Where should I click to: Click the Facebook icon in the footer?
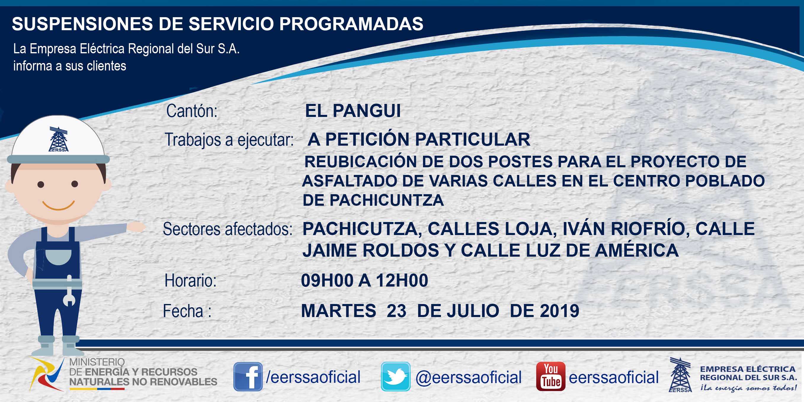pyautogui.click(x=248, y=377)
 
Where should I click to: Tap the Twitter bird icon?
pyautogui.click(x=395, y=377)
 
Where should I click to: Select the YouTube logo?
pyautogui.click(x=550, y=377)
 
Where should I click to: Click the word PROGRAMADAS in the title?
pyautogui.click(x=351, y=24)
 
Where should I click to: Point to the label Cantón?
pyautogui.click(x=192, y=111)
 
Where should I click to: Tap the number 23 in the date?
pyautogui.click(x=396, y=311)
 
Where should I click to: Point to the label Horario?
pyautogui.click(x=190, y=280)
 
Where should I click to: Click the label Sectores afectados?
pyautogui.click(x=228, y=229)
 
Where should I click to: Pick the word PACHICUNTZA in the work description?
pyautogui.click(x=386, y=200)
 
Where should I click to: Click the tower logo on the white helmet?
pyautogui.click(x=58, y=139)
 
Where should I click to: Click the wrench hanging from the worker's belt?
pyautogui.click(x=69, y=291)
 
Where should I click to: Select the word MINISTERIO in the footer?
pyautogui.click(x=97, y=362)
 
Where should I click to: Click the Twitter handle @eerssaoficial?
pyautogui.click(x=468, y=377)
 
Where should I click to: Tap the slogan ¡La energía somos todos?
pyautogui.click(x=748, y=388)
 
